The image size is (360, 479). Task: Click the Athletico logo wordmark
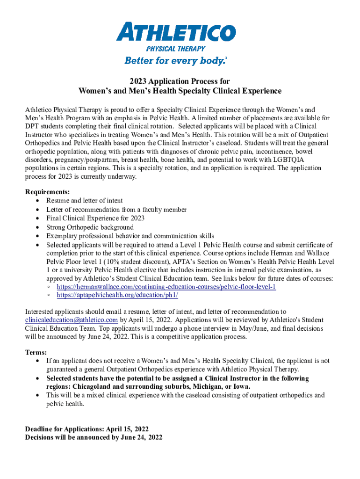coord(176,33)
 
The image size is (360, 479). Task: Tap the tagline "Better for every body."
coord(175,61)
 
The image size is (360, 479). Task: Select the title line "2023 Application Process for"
coord(180,81)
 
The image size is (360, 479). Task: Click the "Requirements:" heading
coord(47,192)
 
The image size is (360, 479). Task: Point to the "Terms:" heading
coord(36,352)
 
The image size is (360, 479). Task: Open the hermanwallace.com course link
coord(166,287)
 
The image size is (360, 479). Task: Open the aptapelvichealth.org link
coord(117,295)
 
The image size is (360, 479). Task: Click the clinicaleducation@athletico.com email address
coord(71,320)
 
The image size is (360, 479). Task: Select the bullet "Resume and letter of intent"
coord(85,201)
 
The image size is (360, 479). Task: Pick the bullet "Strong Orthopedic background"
coord(90,227)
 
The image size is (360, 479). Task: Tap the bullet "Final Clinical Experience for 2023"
coord(95,218)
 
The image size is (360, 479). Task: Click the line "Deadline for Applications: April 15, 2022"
coord(86,428)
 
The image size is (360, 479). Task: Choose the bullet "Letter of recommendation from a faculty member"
coord(116,210)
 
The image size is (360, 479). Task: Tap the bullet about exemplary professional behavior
coord(130,236)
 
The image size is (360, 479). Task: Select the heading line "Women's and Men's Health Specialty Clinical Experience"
coord(180,91)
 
